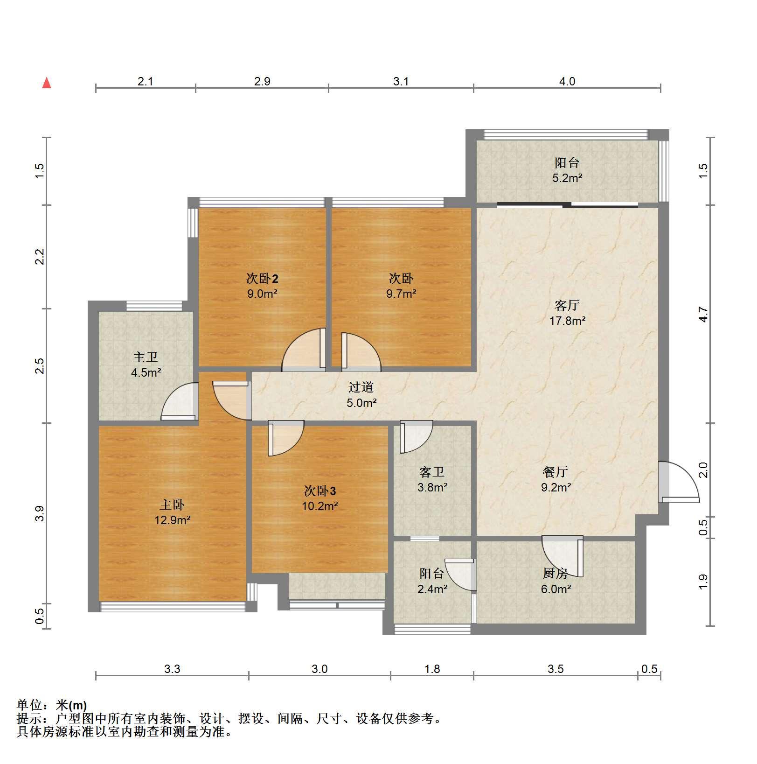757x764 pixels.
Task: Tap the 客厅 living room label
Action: (x=567, y=305)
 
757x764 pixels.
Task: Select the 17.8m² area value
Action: (x=567, y=321)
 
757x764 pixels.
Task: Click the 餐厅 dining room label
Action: (x=556, y=472)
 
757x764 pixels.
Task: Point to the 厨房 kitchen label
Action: (x=556, y=573)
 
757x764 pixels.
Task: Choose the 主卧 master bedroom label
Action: (x=172, y=505)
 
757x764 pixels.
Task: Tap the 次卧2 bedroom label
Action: (x=262, y=279)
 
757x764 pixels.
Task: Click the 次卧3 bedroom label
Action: (x=320, y=491)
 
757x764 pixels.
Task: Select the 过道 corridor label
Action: (x=361, y=387)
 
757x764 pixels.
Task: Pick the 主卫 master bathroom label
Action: (x=146, y=357)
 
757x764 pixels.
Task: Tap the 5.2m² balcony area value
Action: (x=567, y=178)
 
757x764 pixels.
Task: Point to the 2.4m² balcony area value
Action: (x=432, y=589)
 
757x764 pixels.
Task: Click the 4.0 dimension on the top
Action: (x=567, y=81)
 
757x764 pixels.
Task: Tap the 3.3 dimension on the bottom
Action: (x=172, y=669)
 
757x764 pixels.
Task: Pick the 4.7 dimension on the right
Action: (x=703, y=314)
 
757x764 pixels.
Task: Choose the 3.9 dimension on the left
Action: (x=40, y=513)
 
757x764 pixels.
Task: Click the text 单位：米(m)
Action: (x=52, y=705)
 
